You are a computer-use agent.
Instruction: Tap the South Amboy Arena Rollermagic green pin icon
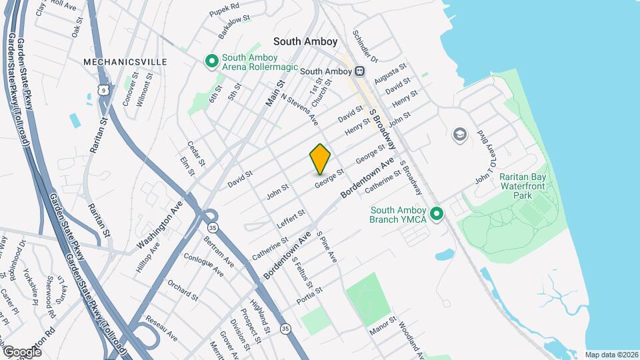(x=212, y=62)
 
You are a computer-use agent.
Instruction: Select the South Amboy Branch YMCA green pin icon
(x=437, y=214)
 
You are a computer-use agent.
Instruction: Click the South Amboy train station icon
(x=359, y=71)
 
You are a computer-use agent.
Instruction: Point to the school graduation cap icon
(x=459, y=135)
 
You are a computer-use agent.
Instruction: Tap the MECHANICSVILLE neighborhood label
(x=125, y=61)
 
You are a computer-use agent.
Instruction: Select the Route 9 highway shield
(x=102, y=89)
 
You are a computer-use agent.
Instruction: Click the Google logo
(x=22, y=351)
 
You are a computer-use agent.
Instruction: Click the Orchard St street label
(x=183, y=290)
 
